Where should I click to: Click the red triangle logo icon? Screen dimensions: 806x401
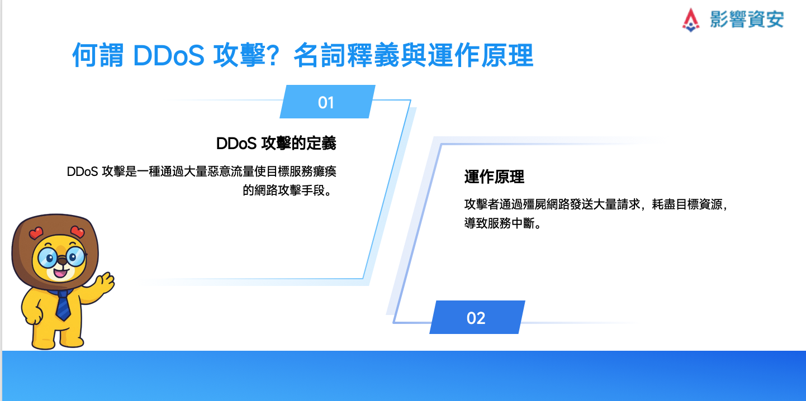(x=691, y=20)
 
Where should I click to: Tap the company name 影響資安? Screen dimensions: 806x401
(x=747, y=19)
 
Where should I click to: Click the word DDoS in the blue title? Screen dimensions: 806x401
(x=169, y=56)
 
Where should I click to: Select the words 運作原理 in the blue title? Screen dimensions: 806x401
(x=481, y=55)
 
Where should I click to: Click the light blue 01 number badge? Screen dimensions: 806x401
(x=327, y=102)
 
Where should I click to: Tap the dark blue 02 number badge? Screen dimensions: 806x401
(x=477, y=317)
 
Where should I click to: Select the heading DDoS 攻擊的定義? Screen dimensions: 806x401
(x=276, y=143)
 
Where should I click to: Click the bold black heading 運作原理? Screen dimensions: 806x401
(x=495, y=177)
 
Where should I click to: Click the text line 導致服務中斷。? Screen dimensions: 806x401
(x=502, y=223)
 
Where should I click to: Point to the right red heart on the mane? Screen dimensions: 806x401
(x=77, y=232)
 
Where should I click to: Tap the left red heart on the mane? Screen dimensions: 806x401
(x=36, y=233)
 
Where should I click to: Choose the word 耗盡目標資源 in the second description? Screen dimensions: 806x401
(x=688, y=204)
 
